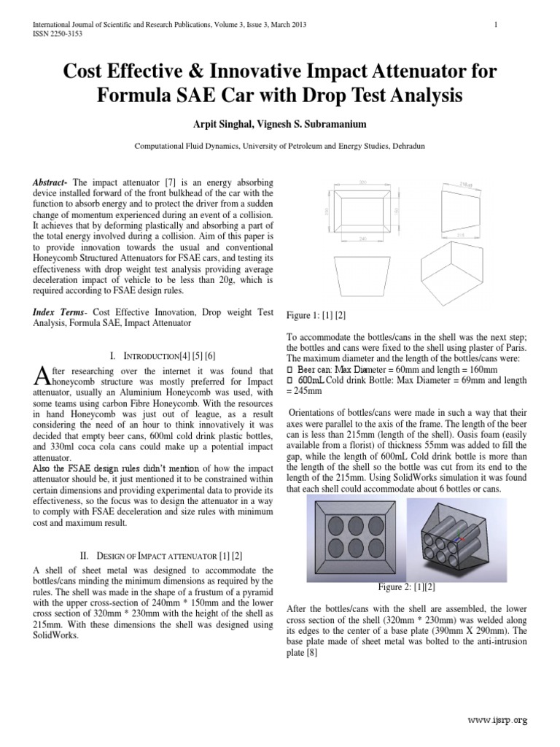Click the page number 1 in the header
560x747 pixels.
point(496,25)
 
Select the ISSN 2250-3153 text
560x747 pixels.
point(57,34)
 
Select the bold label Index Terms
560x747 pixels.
point(58,311)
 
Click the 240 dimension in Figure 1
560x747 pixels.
point(362,241)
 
